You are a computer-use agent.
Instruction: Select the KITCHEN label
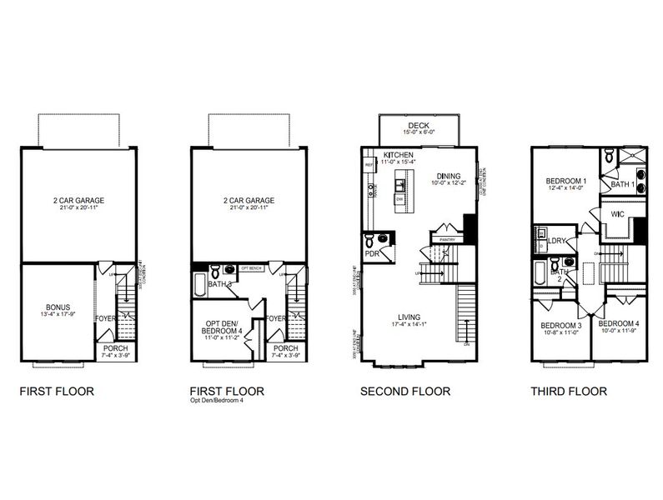[398, 155]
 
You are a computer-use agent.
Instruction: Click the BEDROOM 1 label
[566, 181]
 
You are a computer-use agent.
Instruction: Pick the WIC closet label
[617, 215]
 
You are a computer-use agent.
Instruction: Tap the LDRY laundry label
[558, 241]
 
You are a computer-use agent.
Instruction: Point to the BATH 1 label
[622, 184]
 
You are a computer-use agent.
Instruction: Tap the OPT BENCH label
[251, 268]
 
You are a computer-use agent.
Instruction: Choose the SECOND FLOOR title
[404, 391]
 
